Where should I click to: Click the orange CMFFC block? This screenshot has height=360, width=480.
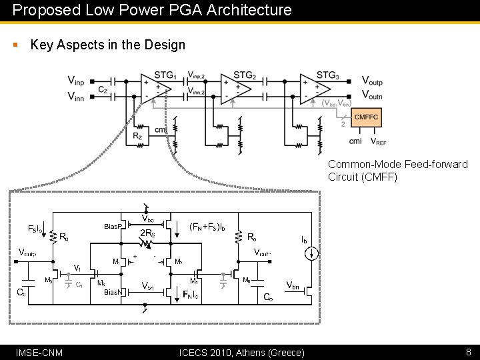366,117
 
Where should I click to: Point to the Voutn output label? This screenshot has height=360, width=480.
372,96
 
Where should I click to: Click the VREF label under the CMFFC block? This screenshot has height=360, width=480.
378,142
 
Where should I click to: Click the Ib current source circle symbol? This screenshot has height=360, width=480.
310,253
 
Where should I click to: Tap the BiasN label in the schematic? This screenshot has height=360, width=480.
113,292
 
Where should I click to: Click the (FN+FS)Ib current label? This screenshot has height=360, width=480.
207,227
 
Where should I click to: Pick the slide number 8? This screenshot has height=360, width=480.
468,351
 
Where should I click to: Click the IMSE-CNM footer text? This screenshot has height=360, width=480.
39,352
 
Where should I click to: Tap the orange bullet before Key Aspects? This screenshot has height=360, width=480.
15,45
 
